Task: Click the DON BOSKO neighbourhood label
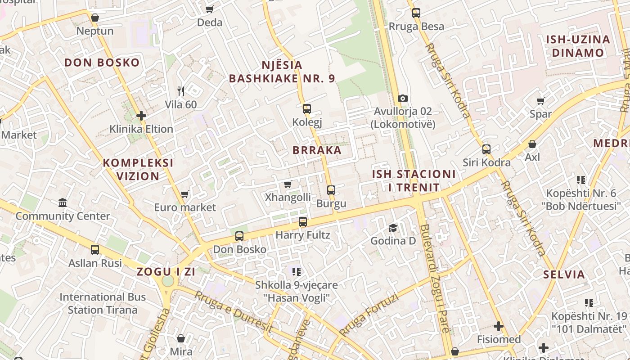pos(102,63)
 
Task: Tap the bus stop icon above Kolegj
pos(307,108)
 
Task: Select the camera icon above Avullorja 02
pos(403,98)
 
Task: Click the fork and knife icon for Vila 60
pos(181,91)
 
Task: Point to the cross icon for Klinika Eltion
pos(141,116)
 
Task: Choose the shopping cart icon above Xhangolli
pos(288,184)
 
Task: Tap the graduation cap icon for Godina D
pos(393,228)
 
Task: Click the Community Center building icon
pos(63,202)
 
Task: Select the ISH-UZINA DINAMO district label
pos(578,46)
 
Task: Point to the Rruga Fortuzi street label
pos(369,315)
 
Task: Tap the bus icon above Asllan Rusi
pos(95,249)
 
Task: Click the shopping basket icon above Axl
pos(532,144)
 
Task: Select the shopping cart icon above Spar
pos(541,101)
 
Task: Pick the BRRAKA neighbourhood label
pos(317,150)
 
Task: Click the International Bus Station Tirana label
pos(103,303)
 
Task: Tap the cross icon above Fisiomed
pos(499,326)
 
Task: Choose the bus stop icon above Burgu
pos(331,190)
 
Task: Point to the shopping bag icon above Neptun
pos(95,18)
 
